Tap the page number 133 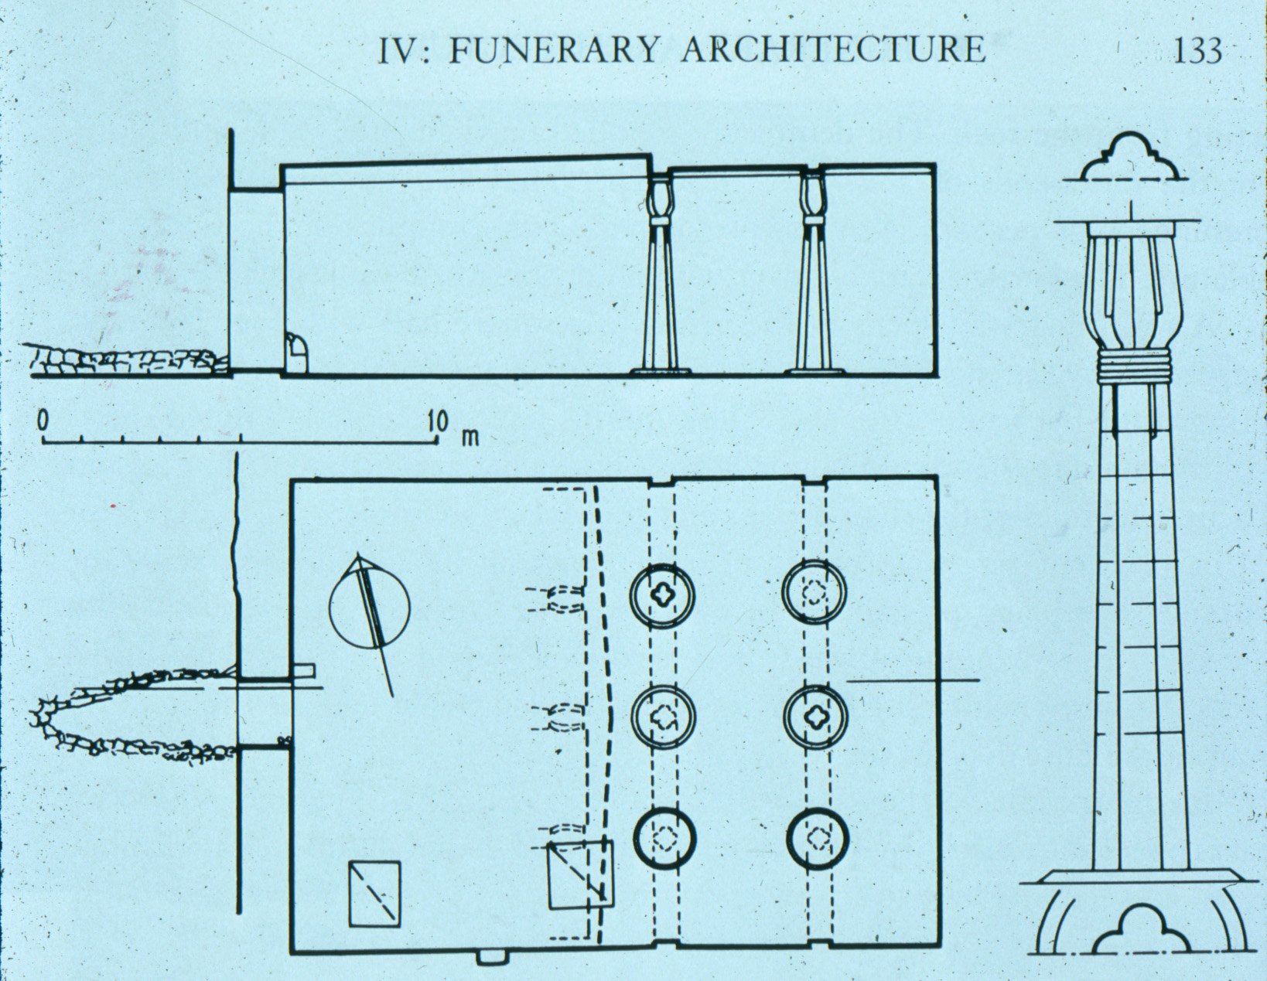1197,51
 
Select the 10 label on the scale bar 437,421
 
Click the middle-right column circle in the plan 815,717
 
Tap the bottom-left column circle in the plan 664,840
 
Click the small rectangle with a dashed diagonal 374,893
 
